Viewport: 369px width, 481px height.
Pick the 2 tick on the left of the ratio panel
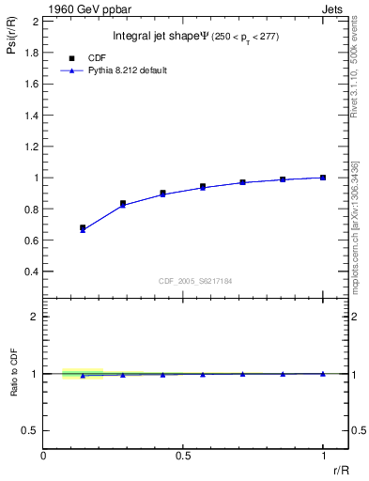coord(35,317)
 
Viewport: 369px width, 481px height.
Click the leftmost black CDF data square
coord(83,227)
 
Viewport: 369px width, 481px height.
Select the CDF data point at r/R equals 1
coord(323,178)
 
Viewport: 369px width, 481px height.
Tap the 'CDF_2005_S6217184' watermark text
coord(194,281)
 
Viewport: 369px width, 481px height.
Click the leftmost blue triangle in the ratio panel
coord(83,376)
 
